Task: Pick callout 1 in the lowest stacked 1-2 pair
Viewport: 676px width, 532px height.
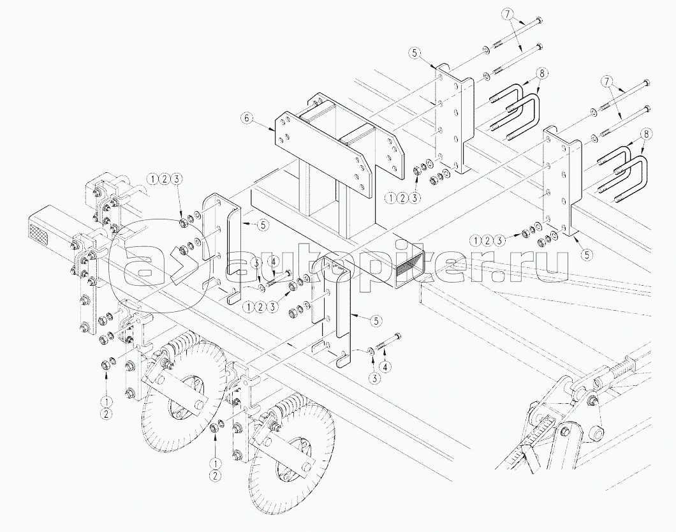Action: point(216,462)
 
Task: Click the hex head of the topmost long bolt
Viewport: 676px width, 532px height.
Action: point(538,22)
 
